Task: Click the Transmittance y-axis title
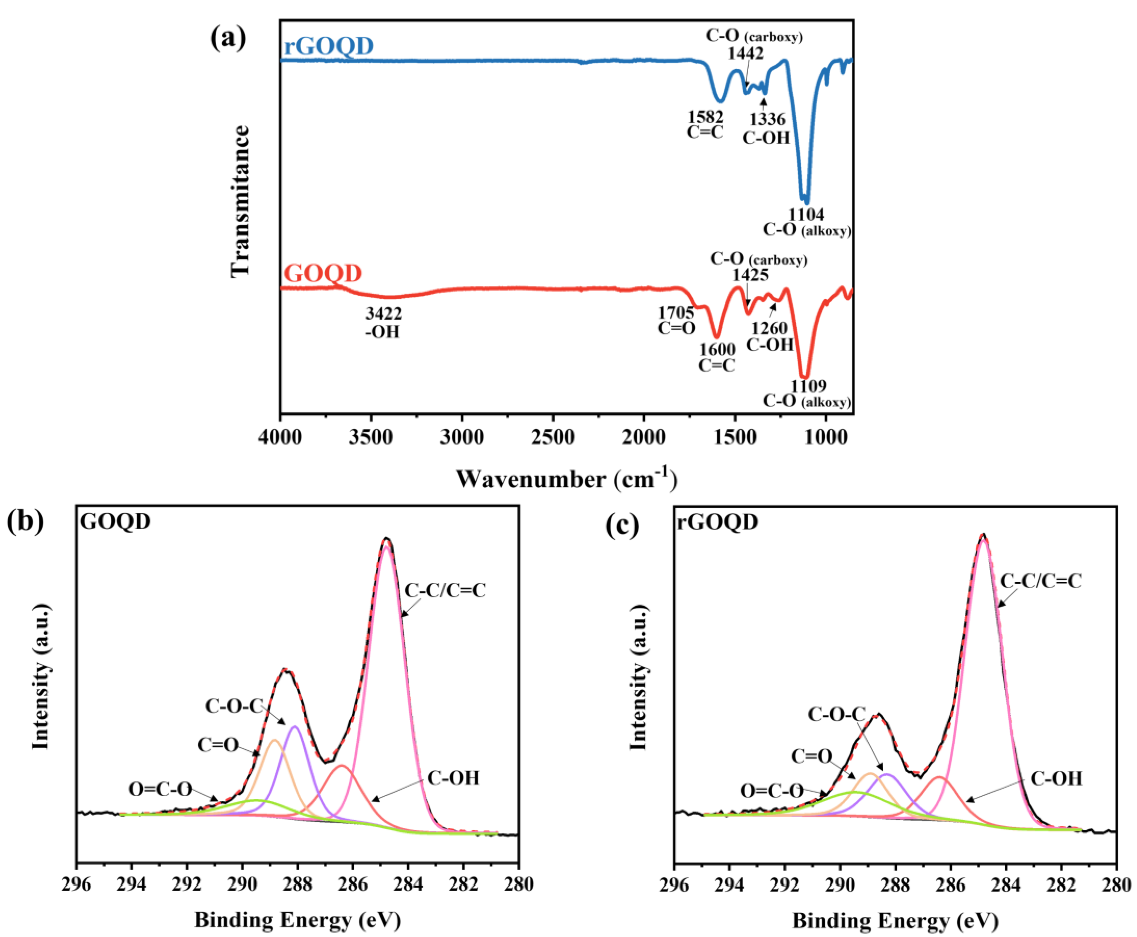(240, 201)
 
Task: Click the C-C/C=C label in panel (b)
(445, 590)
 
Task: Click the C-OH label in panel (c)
(1056, 779)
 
